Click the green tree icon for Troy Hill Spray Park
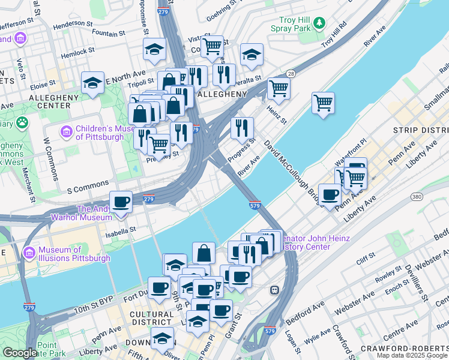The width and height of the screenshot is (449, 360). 321,23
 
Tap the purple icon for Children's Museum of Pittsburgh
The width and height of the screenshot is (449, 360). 67,131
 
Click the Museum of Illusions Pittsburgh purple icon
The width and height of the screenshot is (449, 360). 28,254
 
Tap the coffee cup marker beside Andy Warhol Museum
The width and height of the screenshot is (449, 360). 121,202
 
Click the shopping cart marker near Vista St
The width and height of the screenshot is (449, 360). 212,46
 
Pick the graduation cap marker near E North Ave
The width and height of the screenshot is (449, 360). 93,83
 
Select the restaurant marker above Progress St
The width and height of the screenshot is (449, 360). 242,127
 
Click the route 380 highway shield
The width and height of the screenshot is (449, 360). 417,196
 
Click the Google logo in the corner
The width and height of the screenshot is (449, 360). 20,352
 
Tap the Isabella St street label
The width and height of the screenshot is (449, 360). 121,228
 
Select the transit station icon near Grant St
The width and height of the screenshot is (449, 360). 274,290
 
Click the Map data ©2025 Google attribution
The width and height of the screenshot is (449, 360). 411,355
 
